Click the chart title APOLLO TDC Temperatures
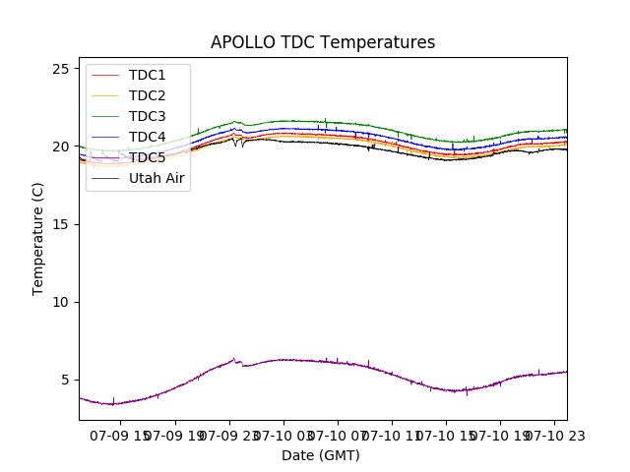point(322,42)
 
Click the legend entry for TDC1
point(147,75)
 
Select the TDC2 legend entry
point(147,95)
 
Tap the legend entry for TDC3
point(147,116)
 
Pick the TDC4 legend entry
point(147,137)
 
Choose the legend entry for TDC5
point(147,157)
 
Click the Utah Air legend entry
point(157,178)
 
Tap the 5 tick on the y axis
point(65,380)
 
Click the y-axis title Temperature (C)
point(38,239)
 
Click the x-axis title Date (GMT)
point(321,455)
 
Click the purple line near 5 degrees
point(295,360)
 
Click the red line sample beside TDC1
point(103,75)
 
